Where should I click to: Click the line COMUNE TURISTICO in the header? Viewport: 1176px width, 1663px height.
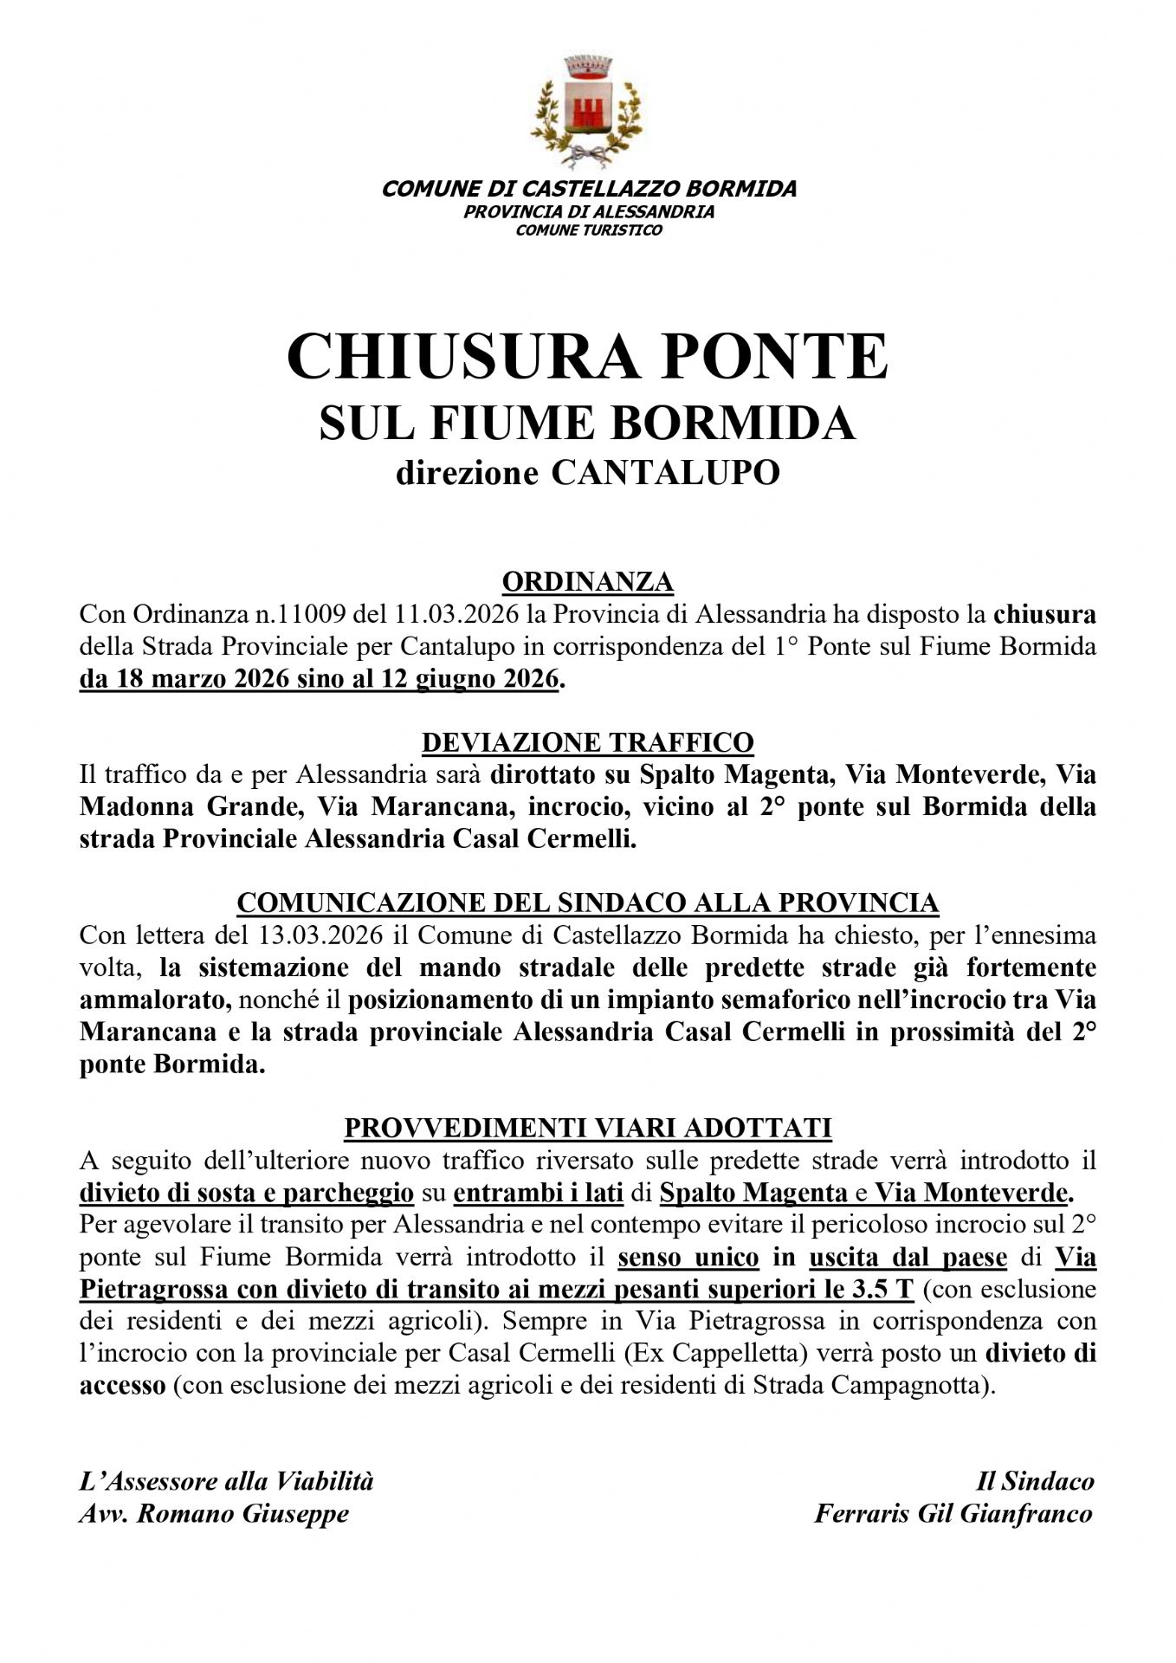588,230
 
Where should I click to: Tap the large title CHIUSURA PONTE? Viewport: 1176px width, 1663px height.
588,357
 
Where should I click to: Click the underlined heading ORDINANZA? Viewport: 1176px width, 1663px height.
588,581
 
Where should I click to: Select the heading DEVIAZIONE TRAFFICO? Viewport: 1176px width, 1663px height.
588,742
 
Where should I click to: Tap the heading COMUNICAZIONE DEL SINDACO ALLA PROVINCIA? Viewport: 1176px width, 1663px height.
588,903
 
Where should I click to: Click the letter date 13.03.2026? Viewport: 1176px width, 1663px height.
313,935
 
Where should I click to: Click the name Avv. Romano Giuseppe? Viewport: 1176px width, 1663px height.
214,1514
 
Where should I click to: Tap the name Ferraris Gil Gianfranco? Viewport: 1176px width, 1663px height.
953,1514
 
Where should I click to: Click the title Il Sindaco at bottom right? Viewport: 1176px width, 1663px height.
1035,1481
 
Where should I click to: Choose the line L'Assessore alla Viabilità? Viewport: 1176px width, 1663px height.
227,1481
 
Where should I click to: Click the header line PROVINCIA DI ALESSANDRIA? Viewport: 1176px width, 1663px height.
588,211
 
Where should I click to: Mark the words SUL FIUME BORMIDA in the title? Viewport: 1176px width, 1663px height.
588,424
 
